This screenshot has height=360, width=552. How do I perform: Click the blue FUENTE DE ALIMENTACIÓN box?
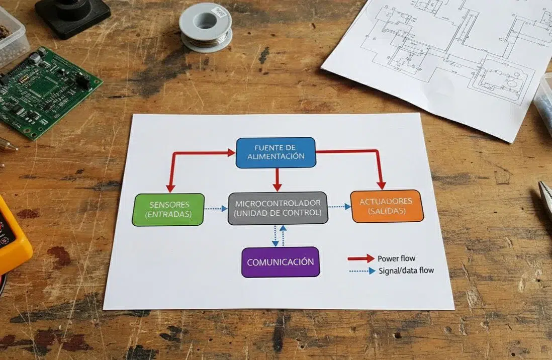pyautogui.click(x=275, y=152)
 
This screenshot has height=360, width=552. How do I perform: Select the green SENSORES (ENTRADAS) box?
pyautogui.click(x=169, y=210)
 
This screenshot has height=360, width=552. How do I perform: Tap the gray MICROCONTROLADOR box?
pyautogui.click(x=278, y=208)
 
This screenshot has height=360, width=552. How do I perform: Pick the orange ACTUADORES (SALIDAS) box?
pyautogui.click(x=386, y=206)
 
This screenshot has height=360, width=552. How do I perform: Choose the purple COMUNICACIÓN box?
pyautogui.click(x=281, y=262)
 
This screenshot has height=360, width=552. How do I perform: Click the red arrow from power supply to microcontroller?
pyautogui.click(x=277, y=179)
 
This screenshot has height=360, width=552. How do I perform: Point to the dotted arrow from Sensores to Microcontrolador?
pyautogui.click(x=216, y=209)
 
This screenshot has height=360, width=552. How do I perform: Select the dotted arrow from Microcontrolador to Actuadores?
pyautogui.click(x=339, y=206)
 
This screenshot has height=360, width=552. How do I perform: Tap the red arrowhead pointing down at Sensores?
pyautogui.click(x=170, y=187)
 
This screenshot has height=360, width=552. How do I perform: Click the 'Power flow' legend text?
pyautogui.click(x=396, y=258)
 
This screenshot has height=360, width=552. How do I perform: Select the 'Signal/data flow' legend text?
pyautogui.click(x=406, y=271)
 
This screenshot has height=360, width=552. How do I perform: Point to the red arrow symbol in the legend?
pyautogui.click(x=361, y=258)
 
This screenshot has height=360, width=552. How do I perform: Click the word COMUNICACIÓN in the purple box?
pyautogui.click(x=281, y=262)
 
